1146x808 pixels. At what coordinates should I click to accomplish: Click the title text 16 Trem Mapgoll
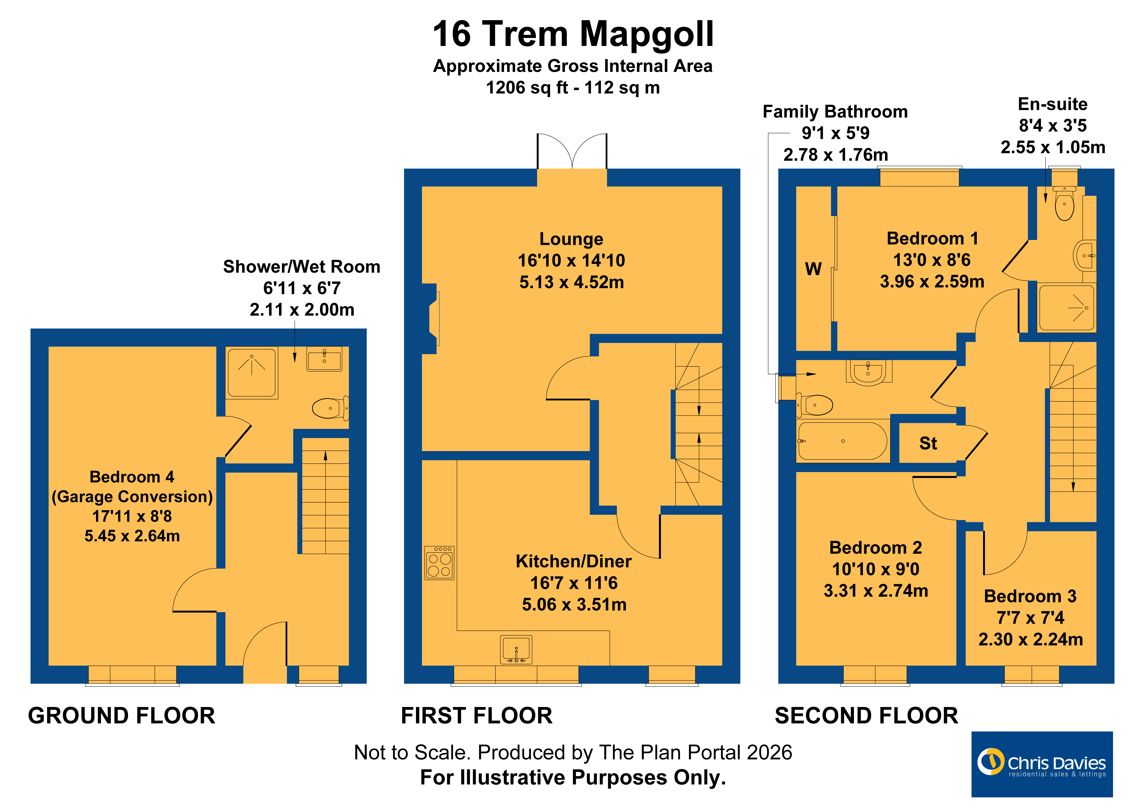click(x=573, y=35)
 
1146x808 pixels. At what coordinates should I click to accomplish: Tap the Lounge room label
click(x=572, y=239)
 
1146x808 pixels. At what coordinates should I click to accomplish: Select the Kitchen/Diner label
click(x=574, y=561)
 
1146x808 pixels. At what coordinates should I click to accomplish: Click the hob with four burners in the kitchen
click(x=439, y=563)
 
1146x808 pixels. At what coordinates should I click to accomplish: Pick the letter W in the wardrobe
click(x=813, y=269)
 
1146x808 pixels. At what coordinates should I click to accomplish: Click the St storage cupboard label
click(x=928, y=443)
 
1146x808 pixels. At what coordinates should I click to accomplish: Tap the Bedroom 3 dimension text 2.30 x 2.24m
click(x=1031, y=639)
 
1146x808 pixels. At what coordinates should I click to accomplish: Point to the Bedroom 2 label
click(x=875, y=547)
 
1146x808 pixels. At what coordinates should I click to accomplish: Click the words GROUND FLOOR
click(x=122, y=716)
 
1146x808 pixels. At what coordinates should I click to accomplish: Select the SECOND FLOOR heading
click(x=866, y=716)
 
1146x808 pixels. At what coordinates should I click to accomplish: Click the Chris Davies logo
click(x=1042, y=764)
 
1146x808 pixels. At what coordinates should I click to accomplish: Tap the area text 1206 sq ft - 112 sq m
click(x=573, y=88)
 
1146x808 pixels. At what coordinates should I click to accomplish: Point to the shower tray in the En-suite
click(x=1066, y=307)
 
